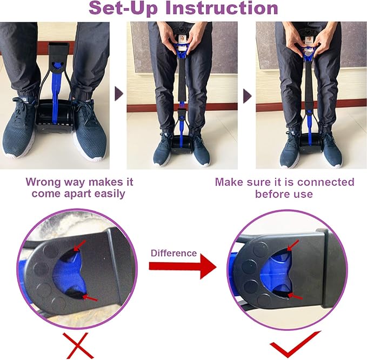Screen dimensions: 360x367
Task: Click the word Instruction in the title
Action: (x=226, y=9)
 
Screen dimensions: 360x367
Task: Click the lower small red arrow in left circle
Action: (x=90, y=298)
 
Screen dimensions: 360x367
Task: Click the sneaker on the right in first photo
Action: (x=90, y=124)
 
